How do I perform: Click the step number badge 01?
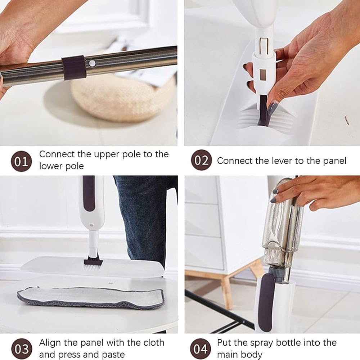(x=21, y=161)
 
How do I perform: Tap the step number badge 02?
(x=201, y=160)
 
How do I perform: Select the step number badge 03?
(x=21, y=348)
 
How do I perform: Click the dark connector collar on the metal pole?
(x=74, y=67)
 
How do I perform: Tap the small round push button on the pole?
(x=93, y=63)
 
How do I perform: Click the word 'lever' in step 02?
(x=282, y=161)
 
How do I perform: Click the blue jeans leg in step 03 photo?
(x=144, y=216)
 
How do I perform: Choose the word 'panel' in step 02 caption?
(x=333, y=161)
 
